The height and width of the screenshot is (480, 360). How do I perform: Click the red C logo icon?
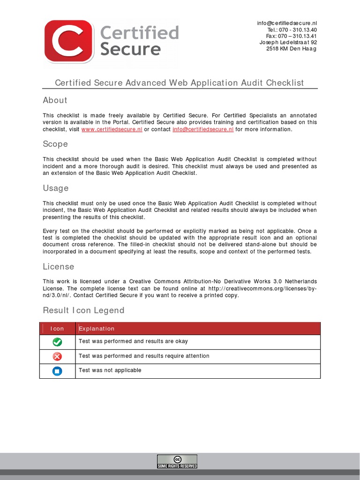coord(68,42)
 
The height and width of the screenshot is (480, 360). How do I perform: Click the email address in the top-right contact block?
coord(287,23)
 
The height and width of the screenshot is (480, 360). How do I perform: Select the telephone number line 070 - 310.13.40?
coord(292,30)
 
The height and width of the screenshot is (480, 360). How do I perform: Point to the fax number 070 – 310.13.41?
coord(291,36)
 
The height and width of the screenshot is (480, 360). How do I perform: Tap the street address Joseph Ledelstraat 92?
coord(288,42)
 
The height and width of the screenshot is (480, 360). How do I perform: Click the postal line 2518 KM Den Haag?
coord(291,49)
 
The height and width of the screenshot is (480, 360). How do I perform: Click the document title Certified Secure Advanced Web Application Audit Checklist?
coord(180,83)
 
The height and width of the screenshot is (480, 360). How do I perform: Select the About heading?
coord(55,100)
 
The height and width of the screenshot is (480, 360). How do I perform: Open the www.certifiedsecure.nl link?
coord(112,129)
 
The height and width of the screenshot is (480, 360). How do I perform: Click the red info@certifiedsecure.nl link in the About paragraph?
coord(203,129)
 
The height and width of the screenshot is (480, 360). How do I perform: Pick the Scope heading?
coord(55,144)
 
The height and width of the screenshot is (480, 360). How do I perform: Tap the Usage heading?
coord(55,188)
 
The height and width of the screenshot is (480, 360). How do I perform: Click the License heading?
coord(58,266)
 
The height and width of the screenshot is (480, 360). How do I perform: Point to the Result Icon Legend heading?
coord(83,310)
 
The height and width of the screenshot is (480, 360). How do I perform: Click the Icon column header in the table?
coord(57,329)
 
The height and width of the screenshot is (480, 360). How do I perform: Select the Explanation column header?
coord(97,329)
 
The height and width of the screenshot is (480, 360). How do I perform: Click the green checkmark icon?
coord(57,342)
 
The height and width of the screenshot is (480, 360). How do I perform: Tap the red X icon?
coord(57,357)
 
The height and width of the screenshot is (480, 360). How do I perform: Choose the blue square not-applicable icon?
coord(57,371)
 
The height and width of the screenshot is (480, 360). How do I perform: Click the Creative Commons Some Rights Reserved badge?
coord(177,462)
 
